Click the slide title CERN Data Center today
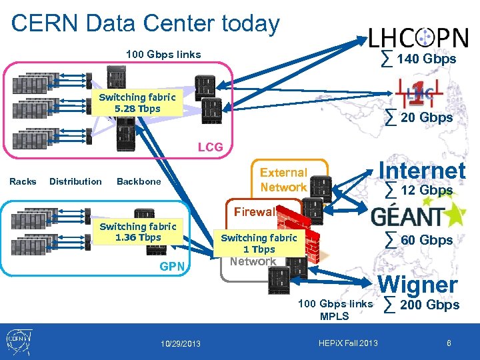coord(145,24)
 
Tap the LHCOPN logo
coord(418,37)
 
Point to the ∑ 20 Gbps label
coord(419,118)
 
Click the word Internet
coord(421,171)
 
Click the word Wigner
coord(418,285)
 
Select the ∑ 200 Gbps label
coord(422,305)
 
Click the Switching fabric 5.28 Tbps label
coord(137,103)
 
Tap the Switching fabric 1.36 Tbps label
coord(137,232)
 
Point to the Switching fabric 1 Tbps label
coord(259,243)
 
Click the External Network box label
coord(283,180)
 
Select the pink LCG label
coord(210,147)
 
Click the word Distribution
coord(75,181)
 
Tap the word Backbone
coord(139,181)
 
